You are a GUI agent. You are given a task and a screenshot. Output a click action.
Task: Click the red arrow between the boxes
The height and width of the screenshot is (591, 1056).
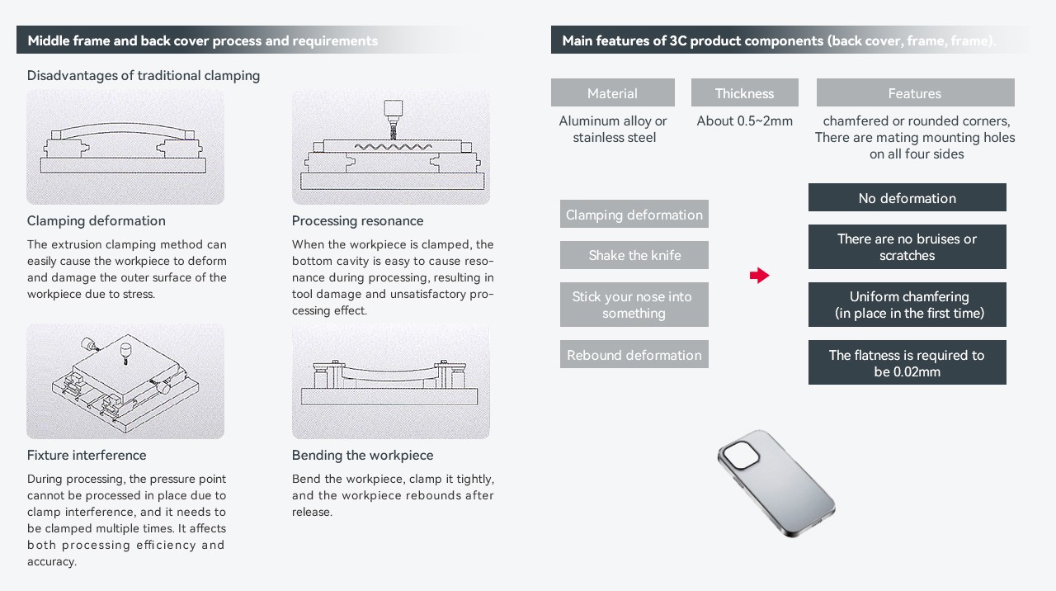pyautogui.click(x=759, y=276)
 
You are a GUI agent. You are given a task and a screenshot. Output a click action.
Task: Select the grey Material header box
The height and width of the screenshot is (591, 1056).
pyautogui.click(x=612, y=93)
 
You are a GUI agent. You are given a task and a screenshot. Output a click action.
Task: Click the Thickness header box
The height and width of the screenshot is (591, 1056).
pyautogui.click(x=744, y=93)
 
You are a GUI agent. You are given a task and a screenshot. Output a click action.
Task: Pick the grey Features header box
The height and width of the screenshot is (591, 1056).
pyautogui.click(x=914, y=93)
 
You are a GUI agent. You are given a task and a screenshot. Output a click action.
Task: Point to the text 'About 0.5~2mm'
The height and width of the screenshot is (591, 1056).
pyautogui.click(x=744, y=121)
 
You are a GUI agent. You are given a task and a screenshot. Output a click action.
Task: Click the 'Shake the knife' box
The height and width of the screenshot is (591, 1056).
pyautogui.click(x=634, y=255)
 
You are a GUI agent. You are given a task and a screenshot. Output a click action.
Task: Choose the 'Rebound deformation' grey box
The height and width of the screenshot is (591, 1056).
pyautogui.click(x=634, y=355)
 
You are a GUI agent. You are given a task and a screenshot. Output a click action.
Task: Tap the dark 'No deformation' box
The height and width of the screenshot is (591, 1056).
pyautogui.click(x=907, y=198)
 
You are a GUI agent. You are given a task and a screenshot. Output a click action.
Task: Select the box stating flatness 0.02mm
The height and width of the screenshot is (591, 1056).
pyautogui.click(x=907, y=363)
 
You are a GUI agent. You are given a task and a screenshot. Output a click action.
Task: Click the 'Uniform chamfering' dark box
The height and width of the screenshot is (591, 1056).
pyautogui.click(x=907, y=305)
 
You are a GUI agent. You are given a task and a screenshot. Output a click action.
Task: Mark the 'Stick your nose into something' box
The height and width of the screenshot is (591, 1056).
pyautogui.click(x=634, y=305)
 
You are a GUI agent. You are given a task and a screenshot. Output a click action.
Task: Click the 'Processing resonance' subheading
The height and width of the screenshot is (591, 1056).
pyautogui.click(x=357, y=221)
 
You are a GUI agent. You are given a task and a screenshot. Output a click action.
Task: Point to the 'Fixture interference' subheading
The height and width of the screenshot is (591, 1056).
pyautogui.click(x=87, y=456)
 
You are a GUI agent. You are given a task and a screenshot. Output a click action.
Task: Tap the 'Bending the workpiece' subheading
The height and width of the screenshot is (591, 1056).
pyautogui.click(x=362, y=456)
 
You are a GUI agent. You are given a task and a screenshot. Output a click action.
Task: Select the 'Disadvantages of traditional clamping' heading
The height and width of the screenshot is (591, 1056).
pyautogui.click(x=144, y=76)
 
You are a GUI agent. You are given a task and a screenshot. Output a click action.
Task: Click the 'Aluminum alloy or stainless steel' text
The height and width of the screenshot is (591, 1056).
pyautogui.click(x=613, y=130)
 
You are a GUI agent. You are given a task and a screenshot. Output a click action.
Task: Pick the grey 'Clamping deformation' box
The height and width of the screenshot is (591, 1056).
pyautogui.click(x=634, y=215)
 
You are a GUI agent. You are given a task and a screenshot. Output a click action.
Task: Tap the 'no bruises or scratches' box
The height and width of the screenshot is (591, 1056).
pyautogui.click(x=907, y=247)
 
